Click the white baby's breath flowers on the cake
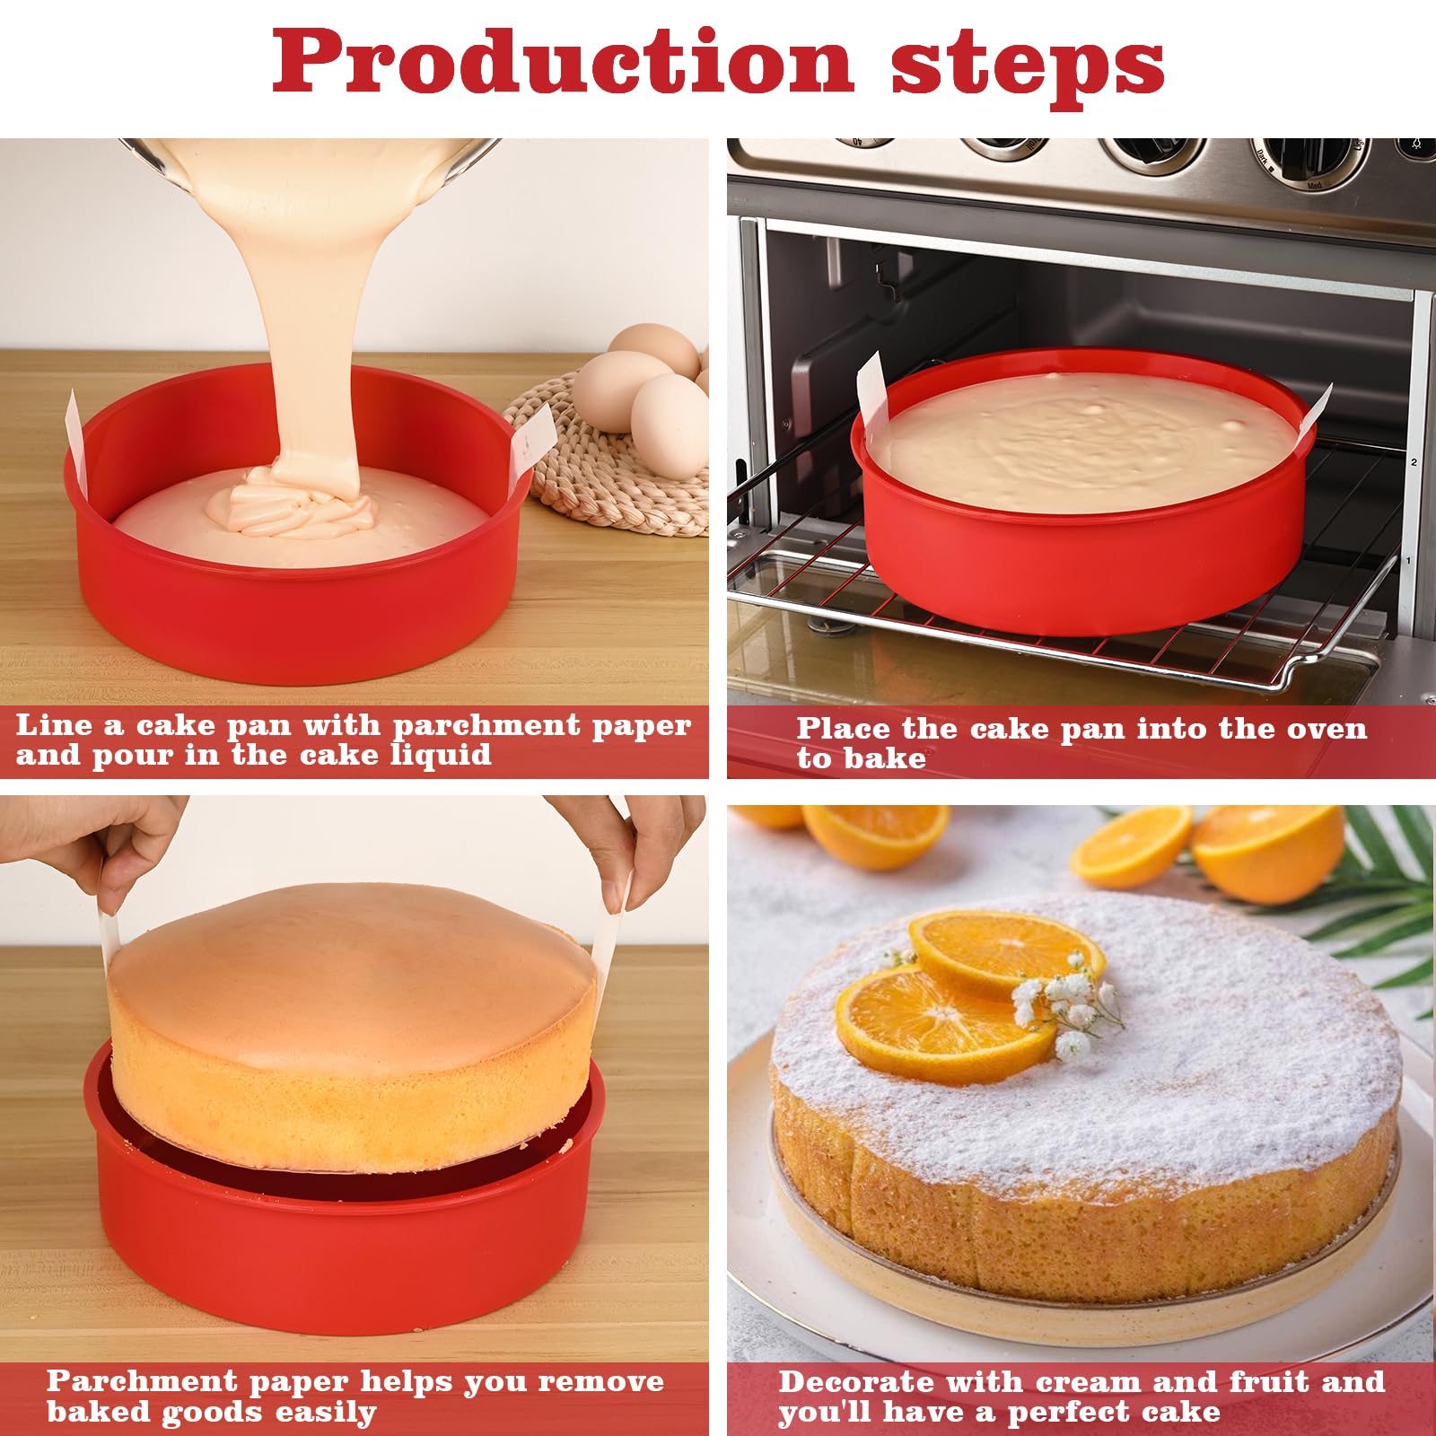pyautogui.click(x=1064, y=1005)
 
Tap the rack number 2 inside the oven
pyautogui.click(x=1414, y=462)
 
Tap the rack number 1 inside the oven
pyautogui.click(x=1408, y=561)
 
